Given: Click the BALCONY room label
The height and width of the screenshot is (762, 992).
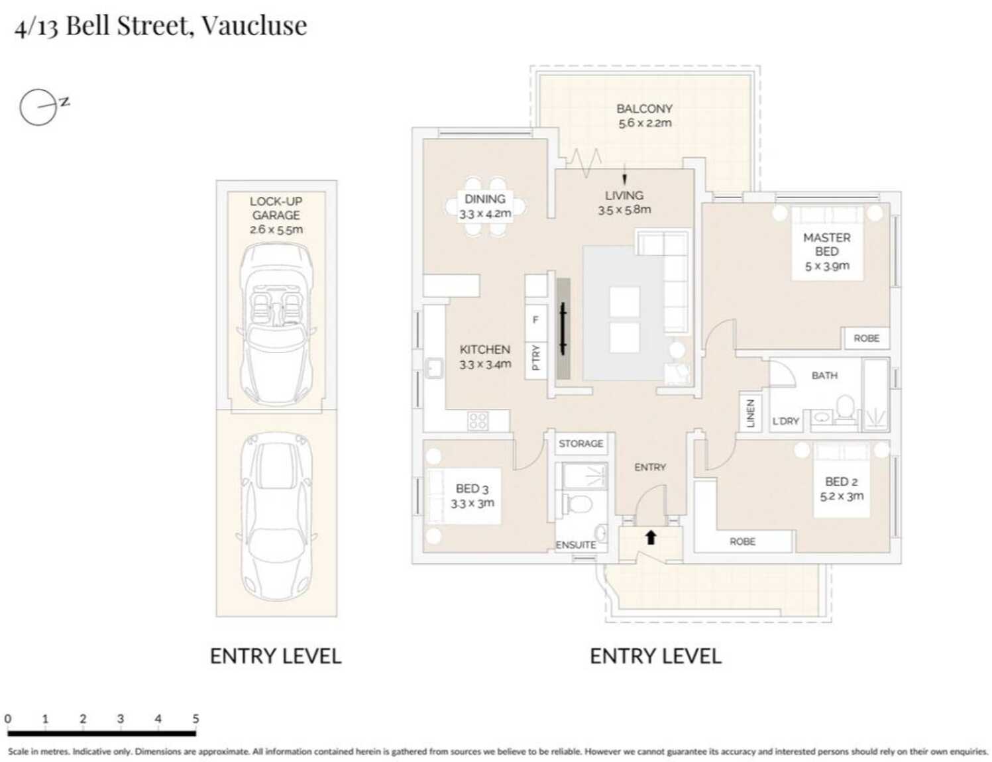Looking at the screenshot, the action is pyautogui.click(x=644, y=109).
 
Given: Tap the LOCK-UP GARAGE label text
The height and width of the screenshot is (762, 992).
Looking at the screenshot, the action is pyautogui.click(x=276, y=208).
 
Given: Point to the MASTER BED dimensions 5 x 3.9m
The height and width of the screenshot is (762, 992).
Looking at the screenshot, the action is pyautogui.click(x=827, y=266).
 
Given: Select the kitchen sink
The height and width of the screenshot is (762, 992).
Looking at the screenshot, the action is pyautogui.click(x=433, y=368).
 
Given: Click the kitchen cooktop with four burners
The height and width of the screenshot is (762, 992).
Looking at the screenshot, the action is pyautogui.click(x=478, y=421).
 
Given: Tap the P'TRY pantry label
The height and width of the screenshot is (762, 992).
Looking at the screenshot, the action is pyautogui.click(x=536, y=357).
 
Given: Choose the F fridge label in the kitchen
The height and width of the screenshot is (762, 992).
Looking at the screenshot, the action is pyautogui.click(x=535, y=320).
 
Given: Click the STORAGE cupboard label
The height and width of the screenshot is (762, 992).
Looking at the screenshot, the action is pyautogui.click(x=580, y=443).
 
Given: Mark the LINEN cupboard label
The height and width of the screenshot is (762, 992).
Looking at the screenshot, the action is pyautogui.click(x=750, y=413).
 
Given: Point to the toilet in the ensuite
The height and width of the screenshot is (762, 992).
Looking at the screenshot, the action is pyautogui.click(x=579, y=504).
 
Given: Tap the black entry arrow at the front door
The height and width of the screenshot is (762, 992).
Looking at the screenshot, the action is pyautogui.click(x=651, y=537).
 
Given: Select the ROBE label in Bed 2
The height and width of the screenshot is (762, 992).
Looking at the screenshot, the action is pyautogui.click(x=742, y=541).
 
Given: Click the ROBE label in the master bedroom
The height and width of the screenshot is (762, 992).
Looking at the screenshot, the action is pyautogui.click(x=867, y=338).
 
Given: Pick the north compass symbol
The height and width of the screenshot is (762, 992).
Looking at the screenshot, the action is pyautogui.click(x=43, y=107).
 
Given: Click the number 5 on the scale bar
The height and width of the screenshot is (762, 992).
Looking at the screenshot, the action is pyautogui.click(x=195, y=719).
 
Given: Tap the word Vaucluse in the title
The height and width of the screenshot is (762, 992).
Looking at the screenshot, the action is pyautogui.click(x=254, y=26).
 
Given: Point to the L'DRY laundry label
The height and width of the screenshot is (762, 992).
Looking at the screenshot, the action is pyautogui.click(x=785, y=421).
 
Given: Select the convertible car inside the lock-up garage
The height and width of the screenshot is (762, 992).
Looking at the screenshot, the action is pyautogui.click(x=276, y=325).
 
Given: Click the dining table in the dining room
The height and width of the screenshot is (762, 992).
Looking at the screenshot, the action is pyautogui.click(x=485, y=206).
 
